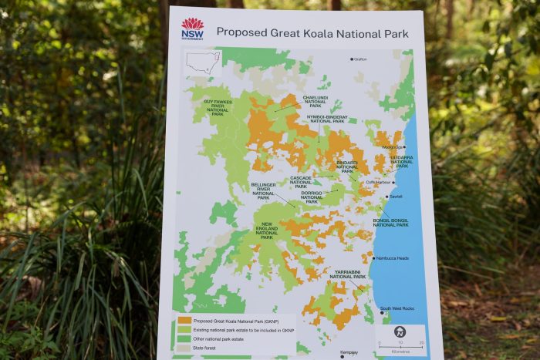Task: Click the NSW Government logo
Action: tap(192, 29)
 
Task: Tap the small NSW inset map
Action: tap(203, 62)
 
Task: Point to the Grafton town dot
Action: tap(352, 59)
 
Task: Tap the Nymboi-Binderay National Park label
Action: tap(326, 119)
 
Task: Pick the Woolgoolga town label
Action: tap(392, 146)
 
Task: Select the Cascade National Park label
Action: tap(301, 181)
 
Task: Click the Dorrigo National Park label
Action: tap(312, 197)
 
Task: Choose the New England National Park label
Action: tap(266, 230)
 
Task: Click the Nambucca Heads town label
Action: tap(393, 258)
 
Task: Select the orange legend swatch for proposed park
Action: tap(184, 319)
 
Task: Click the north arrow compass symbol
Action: tap(400, 332)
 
